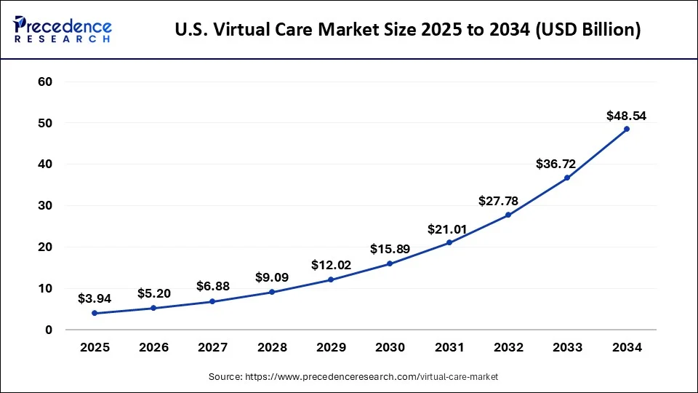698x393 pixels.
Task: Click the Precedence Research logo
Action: tap(63, 30)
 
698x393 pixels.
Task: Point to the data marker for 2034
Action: tap(627, 129)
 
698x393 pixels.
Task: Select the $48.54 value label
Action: tap(627, 116)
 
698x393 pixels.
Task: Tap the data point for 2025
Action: tap(95, 314)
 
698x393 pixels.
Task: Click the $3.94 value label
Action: tap(95, 298)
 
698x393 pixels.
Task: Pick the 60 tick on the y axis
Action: tap(45, 82)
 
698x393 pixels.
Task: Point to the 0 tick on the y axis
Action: tap(49, 330)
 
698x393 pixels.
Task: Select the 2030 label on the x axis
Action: tap(390, 348)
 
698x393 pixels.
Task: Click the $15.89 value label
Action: tap(390, 249)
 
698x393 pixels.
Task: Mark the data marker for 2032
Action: tap(508, 215)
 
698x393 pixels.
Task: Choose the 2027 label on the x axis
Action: tap(212, 348)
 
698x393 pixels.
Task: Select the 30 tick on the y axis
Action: tap(45, 206)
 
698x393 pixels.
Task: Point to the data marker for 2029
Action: tap(331, 279)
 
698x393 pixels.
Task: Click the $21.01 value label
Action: tap(449, 229)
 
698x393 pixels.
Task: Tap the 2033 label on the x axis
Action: tap(567, 348)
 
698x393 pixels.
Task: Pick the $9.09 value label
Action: tap(272, 277)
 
